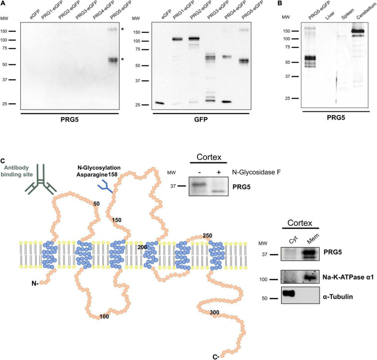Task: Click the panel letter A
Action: pos(4,4)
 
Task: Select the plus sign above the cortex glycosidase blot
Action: pos(218,171)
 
